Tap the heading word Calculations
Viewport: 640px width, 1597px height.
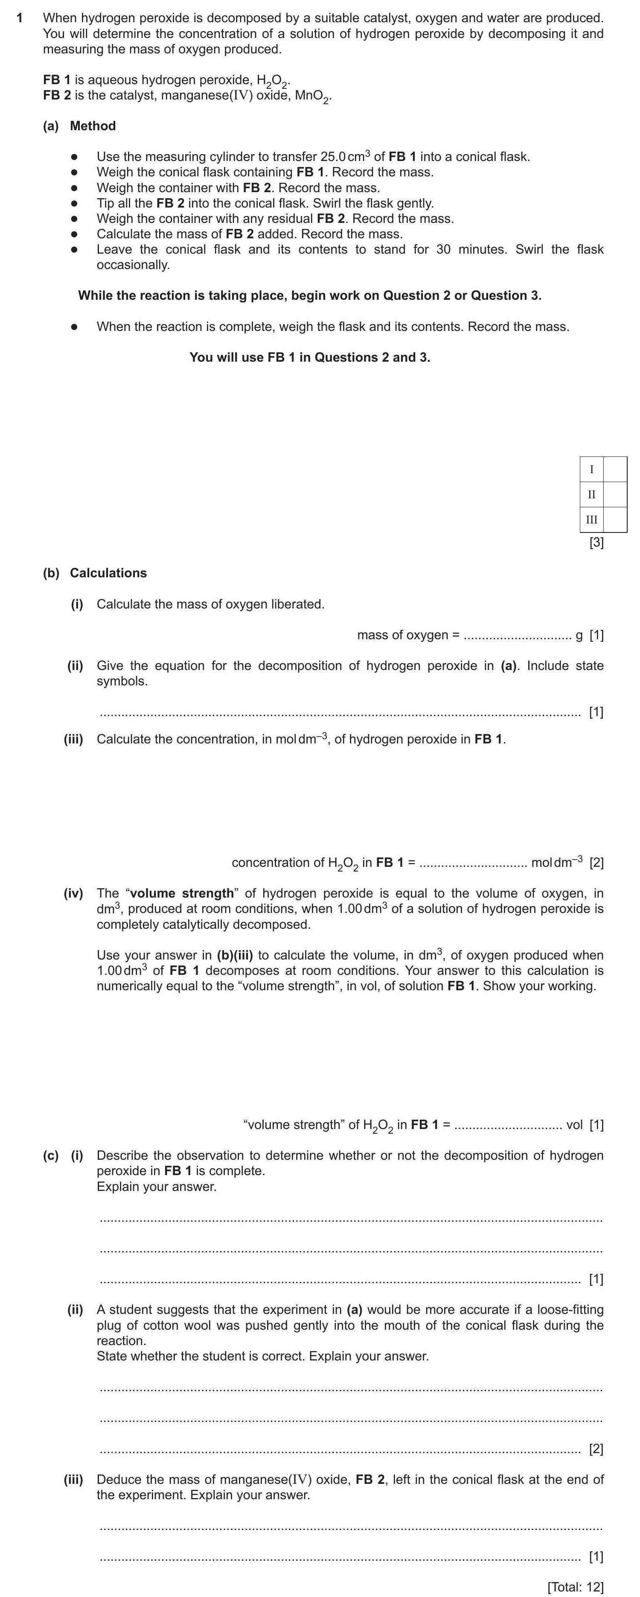108,573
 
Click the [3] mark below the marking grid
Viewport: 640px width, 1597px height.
596,543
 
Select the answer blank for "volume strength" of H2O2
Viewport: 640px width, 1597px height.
508,1125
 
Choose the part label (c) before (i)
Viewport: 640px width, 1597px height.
50,1155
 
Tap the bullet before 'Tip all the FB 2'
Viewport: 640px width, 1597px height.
74,203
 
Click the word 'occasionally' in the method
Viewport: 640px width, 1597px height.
133,265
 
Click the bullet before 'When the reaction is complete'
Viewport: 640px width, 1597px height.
74,327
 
